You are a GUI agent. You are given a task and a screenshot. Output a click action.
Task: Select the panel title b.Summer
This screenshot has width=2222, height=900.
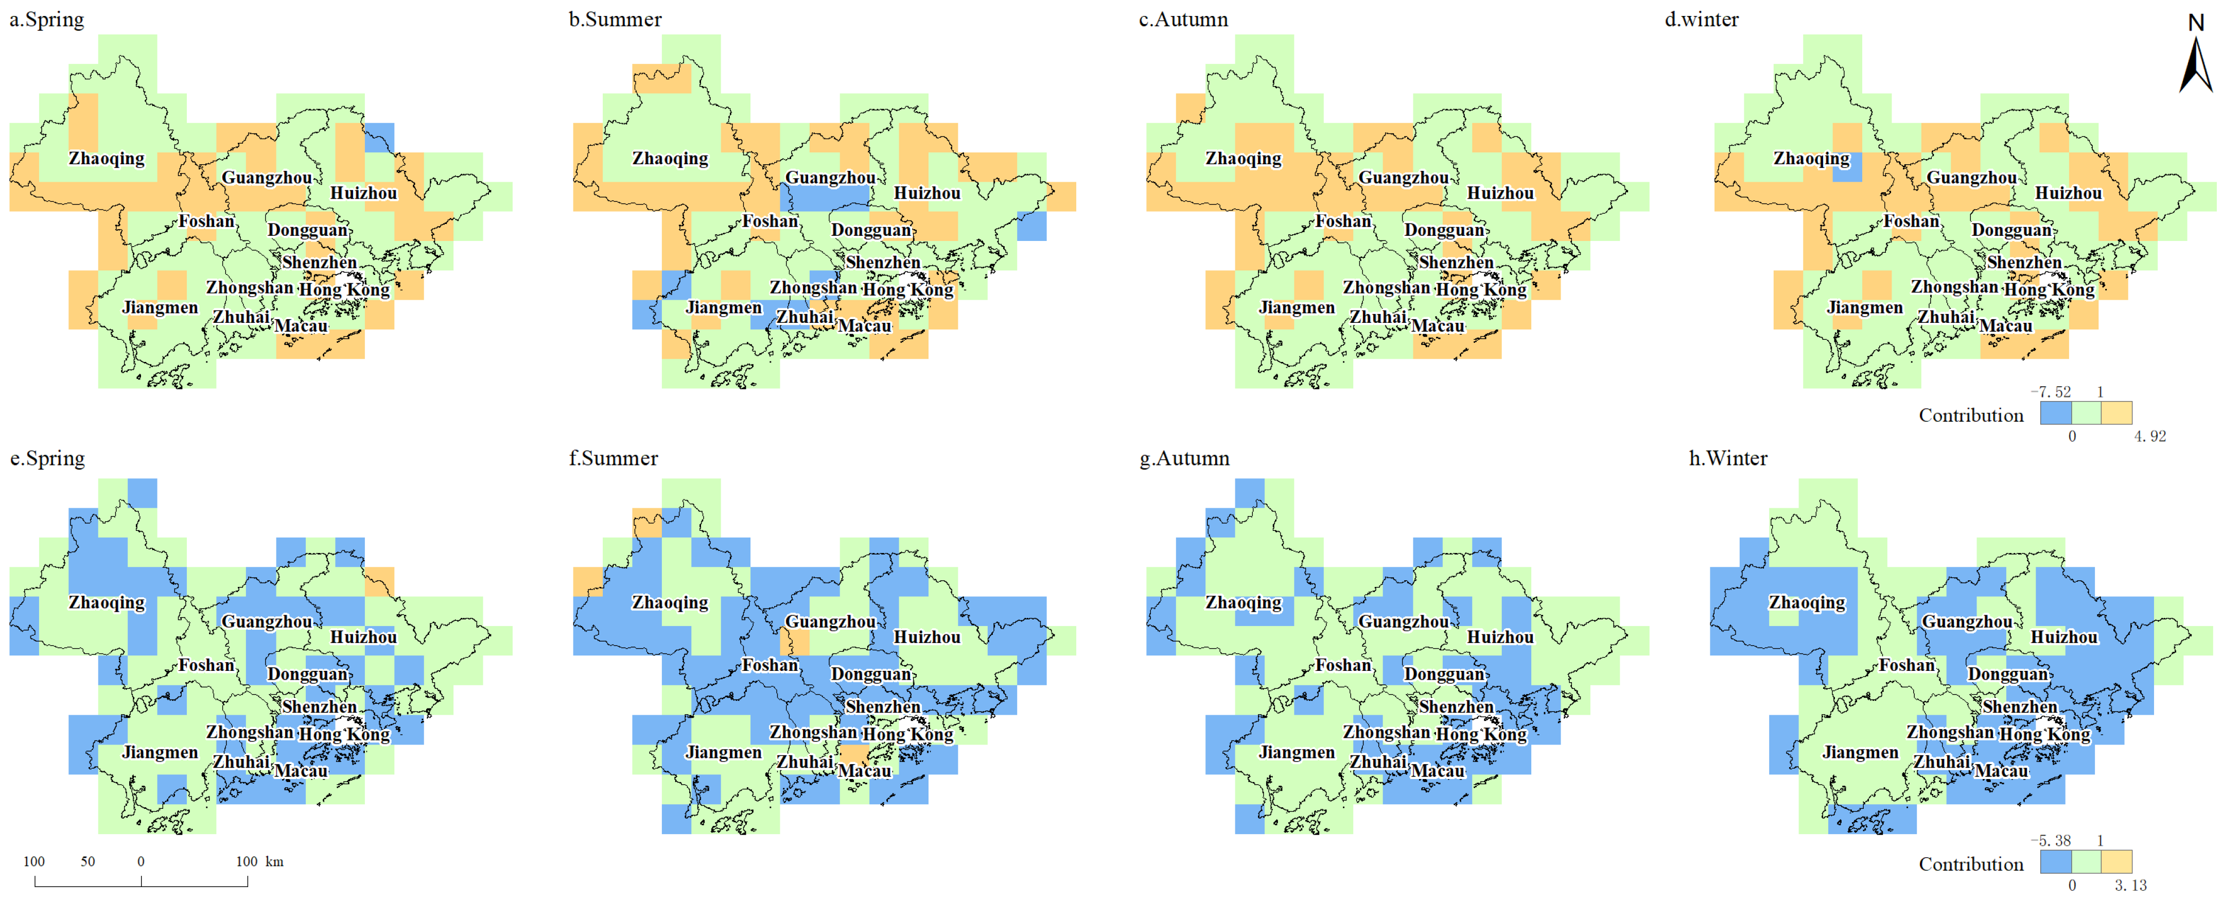[x=615, y=19]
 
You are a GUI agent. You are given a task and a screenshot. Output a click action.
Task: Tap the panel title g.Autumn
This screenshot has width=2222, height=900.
[x=1184, y=458]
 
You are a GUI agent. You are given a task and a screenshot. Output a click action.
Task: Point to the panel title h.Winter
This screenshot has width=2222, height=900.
[x=1728, y=458]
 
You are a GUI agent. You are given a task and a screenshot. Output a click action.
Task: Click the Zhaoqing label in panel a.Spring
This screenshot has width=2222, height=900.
[x=107, y=158]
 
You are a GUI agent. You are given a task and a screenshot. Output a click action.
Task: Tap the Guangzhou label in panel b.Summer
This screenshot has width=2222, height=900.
[x=830, y=178]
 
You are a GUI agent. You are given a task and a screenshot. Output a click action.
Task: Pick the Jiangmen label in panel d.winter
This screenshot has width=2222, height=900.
[x=1864, y=307]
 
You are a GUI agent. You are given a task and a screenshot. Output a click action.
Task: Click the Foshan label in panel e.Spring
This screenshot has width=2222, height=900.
[x=207, y=665]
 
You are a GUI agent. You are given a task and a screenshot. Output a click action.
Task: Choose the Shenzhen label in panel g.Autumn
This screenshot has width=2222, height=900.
[x=1456, y=707]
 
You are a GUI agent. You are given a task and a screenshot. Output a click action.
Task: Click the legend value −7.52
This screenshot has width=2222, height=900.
[x=2051, y=392]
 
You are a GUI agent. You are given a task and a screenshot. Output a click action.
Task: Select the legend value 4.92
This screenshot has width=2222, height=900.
[x=2149, y=436]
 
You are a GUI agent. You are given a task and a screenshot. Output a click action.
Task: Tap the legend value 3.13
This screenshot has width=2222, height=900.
[x=2130, y=885]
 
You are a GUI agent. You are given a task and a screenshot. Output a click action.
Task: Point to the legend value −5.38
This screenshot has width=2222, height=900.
[x=2051, y=840]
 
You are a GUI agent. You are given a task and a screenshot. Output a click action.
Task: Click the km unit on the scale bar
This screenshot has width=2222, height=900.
[x=274, y=861]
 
